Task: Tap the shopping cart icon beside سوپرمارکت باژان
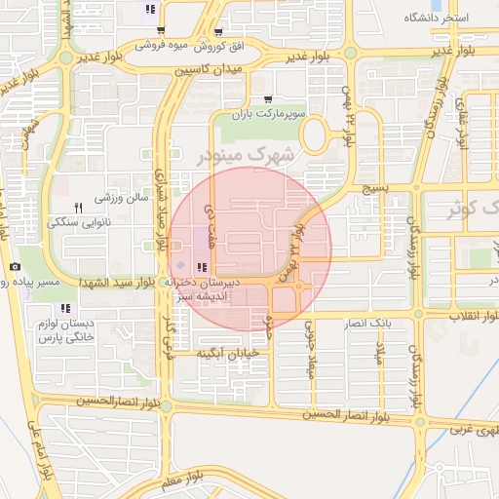tap(268, 99)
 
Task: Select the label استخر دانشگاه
tap(436, 19)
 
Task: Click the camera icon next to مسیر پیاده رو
tap(15, 267)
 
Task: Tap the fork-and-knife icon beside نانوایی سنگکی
tap(78, 207)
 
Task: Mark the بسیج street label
tap(374, 186)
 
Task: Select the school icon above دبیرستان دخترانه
tap(202, 267)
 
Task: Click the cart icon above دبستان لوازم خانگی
tap(67, 308)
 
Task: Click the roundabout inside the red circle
tap(298, 286)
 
